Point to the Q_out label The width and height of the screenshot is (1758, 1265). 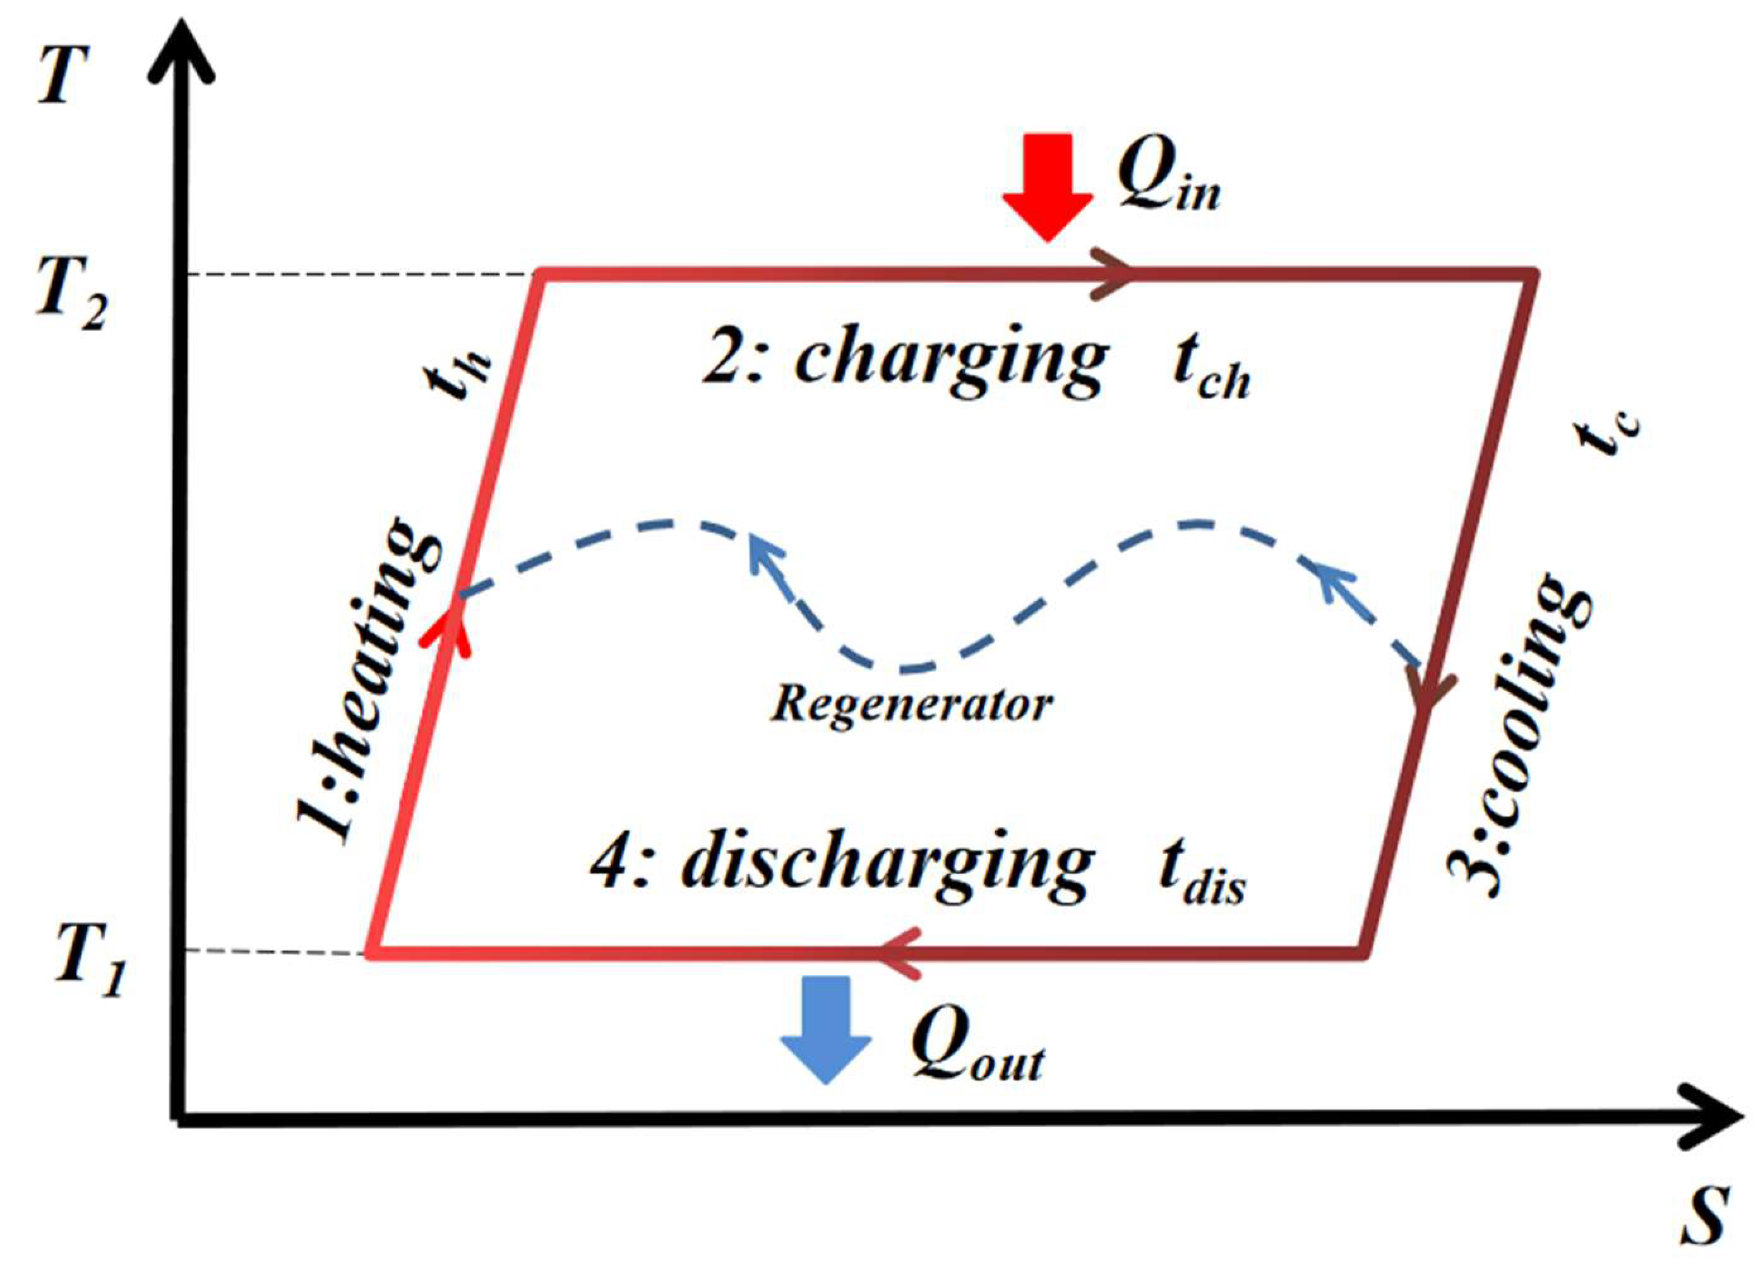977,1048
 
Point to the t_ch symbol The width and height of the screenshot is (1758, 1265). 1210,371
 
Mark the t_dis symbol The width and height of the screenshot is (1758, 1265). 1202,876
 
